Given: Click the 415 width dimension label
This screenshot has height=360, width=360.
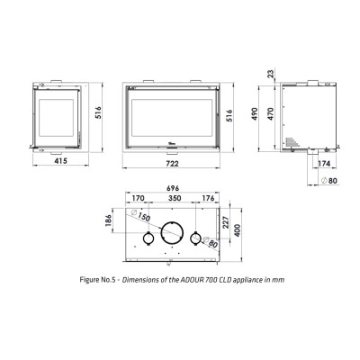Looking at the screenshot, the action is [60, 161].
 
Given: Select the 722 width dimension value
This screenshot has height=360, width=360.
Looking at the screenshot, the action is [172, 164].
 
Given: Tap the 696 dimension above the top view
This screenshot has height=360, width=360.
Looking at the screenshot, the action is [173, 188].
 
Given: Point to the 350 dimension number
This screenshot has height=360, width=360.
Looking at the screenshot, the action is [175, 198].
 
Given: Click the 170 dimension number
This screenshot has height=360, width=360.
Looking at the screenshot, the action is [138, 198].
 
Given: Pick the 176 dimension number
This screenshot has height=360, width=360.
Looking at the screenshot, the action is [208, 198].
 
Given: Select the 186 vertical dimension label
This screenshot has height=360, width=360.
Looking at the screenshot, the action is [109, 220].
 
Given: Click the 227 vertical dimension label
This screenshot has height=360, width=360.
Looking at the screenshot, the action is [226, 222].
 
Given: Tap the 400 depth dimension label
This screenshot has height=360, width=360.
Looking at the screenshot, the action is [238, 230].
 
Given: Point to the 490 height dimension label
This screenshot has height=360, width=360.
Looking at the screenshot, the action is [255, 114].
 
